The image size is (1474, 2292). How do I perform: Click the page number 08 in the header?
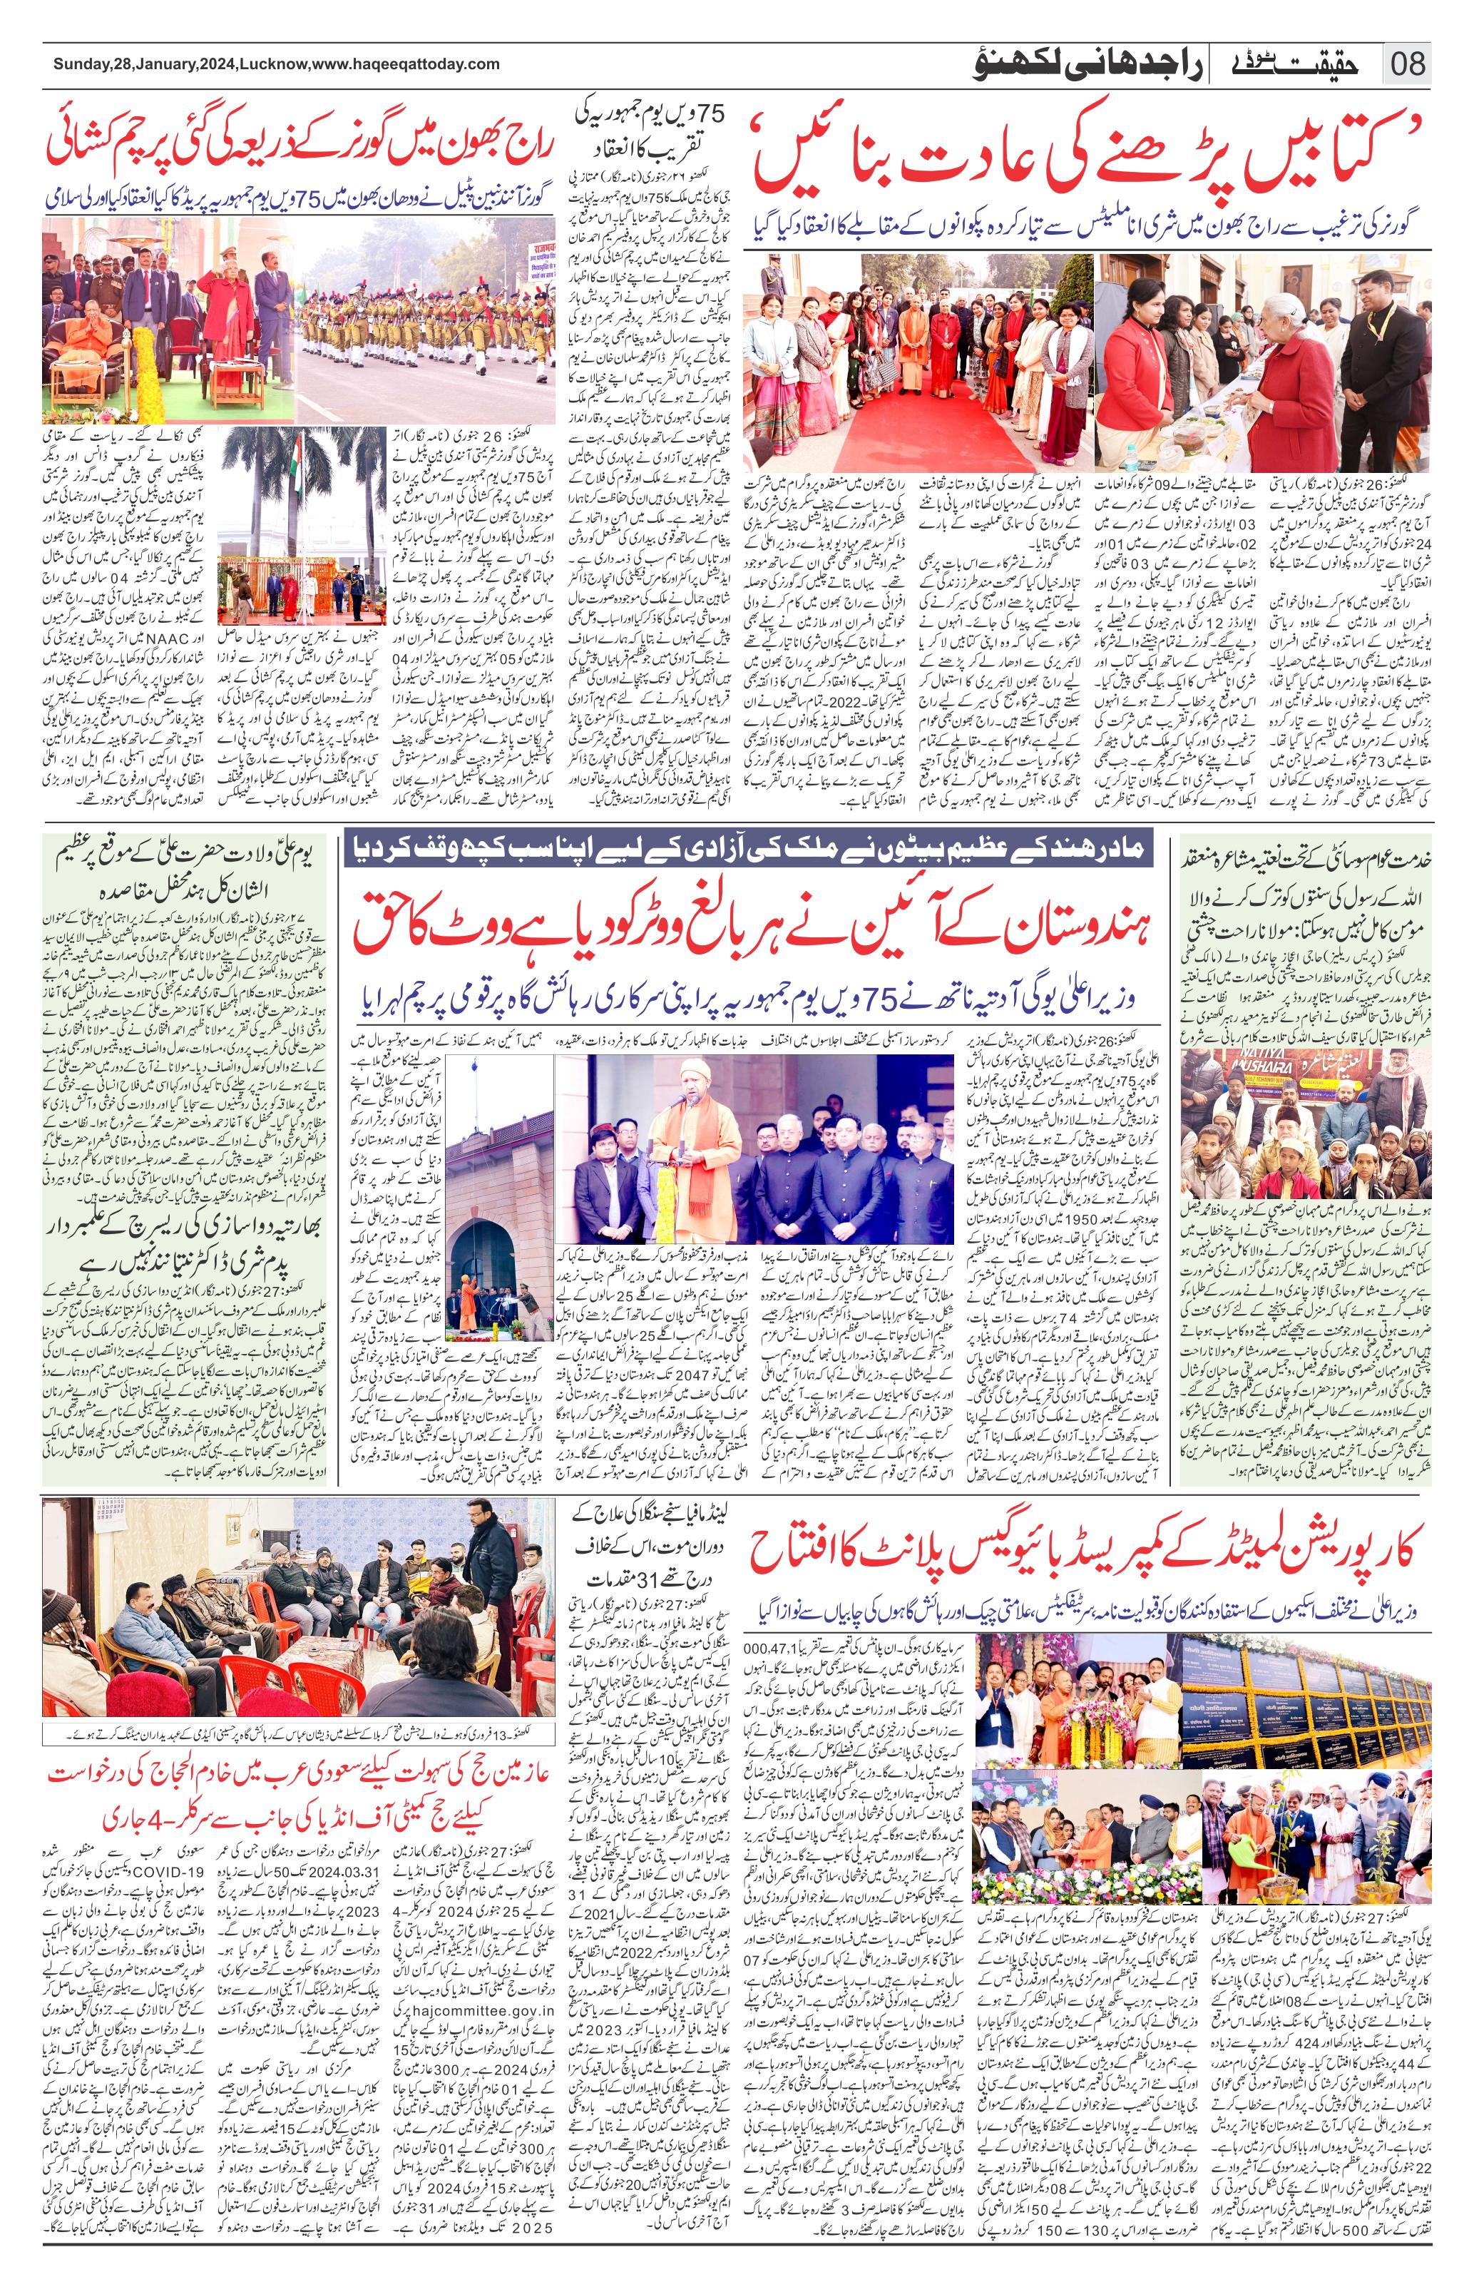[x=1407, y=65]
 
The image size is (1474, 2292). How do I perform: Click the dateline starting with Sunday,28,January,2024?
[x=276, y=64]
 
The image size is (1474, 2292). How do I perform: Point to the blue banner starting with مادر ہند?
[x=749, y=848]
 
